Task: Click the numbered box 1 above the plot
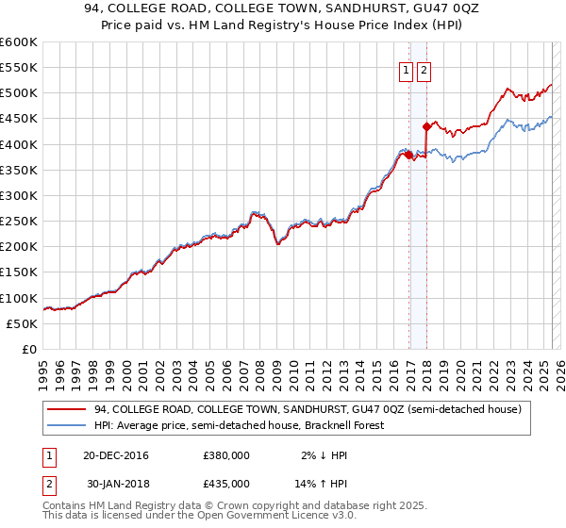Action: click(x=406, y=69)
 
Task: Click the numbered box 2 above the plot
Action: click(x=424, y=69)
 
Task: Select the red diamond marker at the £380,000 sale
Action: click(x=408, y=155)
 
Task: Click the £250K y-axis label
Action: click(x=19, y=222)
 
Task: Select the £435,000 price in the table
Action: click(x=226, y=483)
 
